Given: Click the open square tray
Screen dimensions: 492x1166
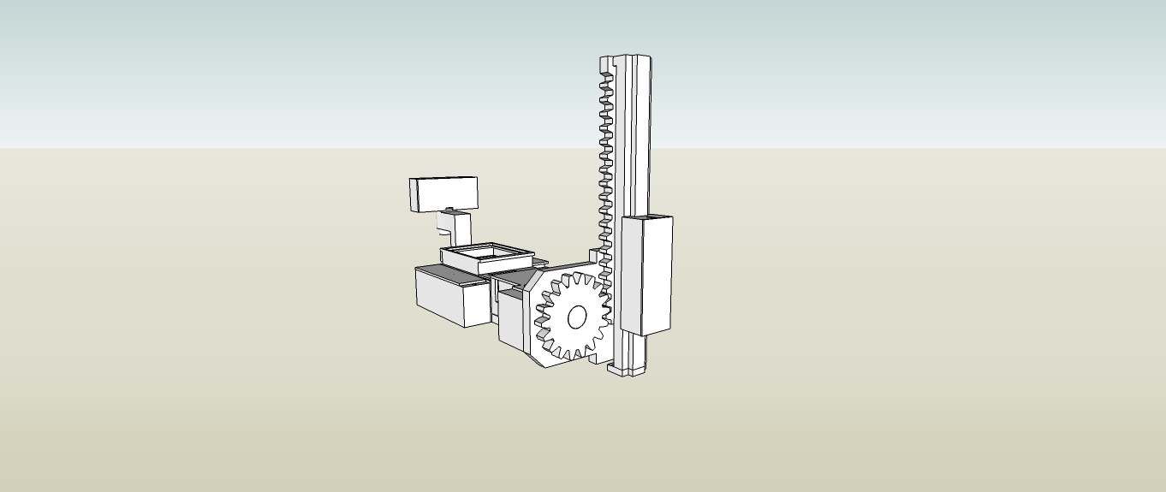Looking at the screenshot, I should (486, 256).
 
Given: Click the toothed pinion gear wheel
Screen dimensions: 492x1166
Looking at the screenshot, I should (572, 316).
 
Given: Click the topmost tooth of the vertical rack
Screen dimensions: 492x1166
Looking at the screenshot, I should (607, 78).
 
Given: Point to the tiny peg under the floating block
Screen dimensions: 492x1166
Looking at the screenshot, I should (449, 210).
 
